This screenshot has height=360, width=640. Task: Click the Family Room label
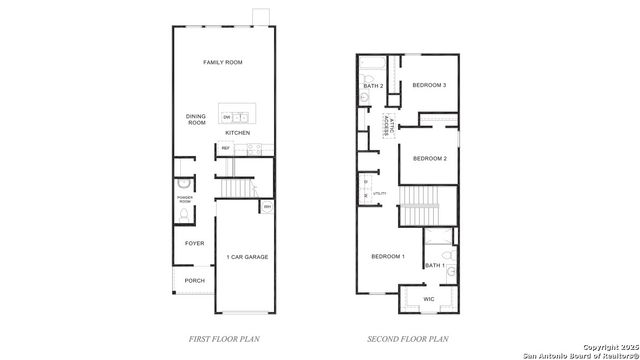coord(223,63)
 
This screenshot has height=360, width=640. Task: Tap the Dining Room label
coord(196,120)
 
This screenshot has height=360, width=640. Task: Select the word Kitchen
coord(237,133)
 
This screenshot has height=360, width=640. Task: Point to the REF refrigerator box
coord(226,148)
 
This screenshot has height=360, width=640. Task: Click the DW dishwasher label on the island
coord(227,117)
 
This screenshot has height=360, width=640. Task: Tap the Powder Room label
coord(184,200)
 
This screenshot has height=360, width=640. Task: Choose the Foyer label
coord(194,243)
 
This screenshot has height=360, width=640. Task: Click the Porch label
coord(194,281)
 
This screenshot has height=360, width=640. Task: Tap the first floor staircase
coord(238,188)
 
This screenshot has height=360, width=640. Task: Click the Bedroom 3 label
coord(429,85)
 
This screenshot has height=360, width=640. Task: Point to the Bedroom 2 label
coord(429,158)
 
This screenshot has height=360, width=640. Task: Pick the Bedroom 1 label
coord(388,257)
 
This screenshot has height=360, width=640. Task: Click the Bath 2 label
coord(373,86)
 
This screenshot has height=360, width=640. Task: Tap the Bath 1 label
coord(435,265)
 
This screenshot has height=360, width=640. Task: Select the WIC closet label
coord(428,298)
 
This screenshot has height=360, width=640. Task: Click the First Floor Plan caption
coord(224,340)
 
